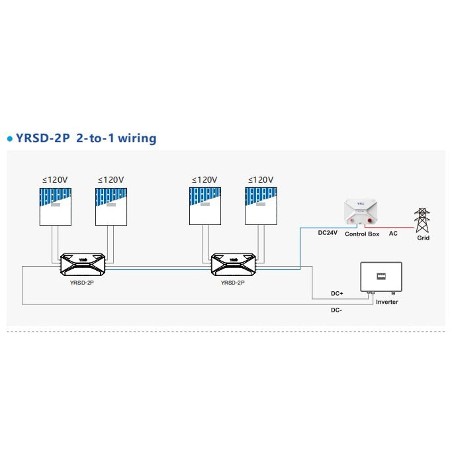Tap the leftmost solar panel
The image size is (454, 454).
point(55,206)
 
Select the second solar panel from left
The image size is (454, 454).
point(111,206)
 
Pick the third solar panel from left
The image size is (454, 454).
point(204,206)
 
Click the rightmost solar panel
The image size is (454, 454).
point(260,206)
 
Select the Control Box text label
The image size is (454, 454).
point(362,234)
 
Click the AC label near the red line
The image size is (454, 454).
point(393,234)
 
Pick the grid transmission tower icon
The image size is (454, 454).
point(422,220)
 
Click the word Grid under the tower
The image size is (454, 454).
point(423,238)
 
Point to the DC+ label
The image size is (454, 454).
point(336,293)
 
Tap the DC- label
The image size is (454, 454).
point(337,310)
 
